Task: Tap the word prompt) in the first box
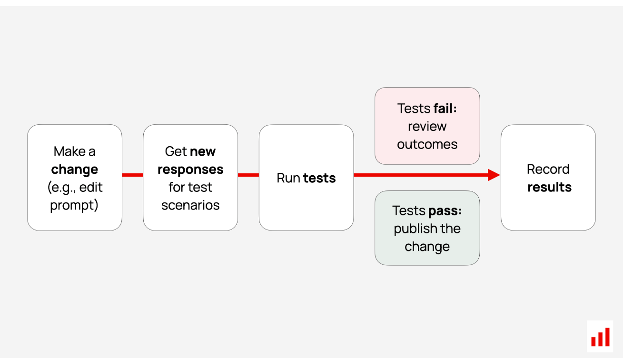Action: pyautogui.click(x=74, y=206)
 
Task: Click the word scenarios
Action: pyautogui.click(x=190, y=205)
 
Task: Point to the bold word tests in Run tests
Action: pyautogui.click(x=319, y=178)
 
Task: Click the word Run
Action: pyautogui.click(x=288, y=178)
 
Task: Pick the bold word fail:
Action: pyautogui.click(x=445, y=108)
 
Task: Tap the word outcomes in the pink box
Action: pyautogui.click(x=427, y=144)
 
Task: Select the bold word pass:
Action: pyautogui.click(x=445, y=210)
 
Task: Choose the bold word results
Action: pyautogui.click(x=550, y=187)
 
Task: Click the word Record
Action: pyautogui.click(x=548, y=169)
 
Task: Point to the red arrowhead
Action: pyautogui.click(x=494, y=175)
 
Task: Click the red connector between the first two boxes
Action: pyautogui.click(x=133, y=175)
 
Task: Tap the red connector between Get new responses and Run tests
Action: pyautogui.click(x=248, y=175)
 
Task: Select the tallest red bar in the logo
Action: pyautogui.click(x=607, y=337)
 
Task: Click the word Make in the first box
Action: pyautogui.click(x=69, y=151)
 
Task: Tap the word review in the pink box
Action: pyautogui.click(x=427, y=127)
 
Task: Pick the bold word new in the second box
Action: pyautogui.click(x=203, y=152)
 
